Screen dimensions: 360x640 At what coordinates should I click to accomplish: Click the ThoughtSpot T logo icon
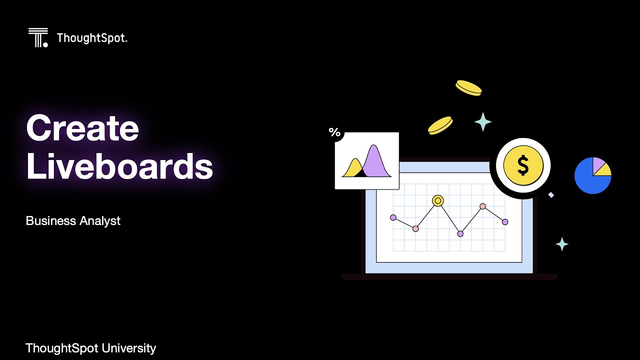point(38,37)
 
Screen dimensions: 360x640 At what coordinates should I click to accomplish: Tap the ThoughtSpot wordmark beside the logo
point(92,38)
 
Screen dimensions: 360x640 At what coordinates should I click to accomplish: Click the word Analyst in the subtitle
point(102,221)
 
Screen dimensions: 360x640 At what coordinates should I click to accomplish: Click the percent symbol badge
point(334,132)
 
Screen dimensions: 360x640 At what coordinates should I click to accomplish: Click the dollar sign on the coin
point(523,166)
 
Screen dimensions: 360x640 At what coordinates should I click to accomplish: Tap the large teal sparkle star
point(483,121)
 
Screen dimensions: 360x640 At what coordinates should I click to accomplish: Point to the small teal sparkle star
point(562,244)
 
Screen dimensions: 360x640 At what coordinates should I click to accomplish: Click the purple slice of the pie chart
point(598,163)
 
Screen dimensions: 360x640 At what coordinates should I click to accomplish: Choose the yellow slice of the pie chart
point(603,170)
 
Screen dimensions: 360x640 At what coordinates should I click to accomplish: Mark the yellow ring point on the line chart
point(438,200)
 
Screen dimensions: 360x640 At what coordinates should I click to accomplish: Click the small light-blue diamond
point(551,195)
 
